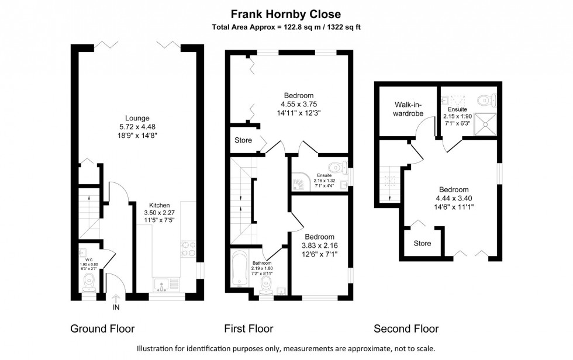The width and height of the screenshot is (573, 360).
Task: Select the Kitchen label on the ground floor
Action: coord(159,205)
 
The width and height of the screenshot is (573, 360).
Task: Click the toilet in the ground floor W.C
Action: coord(89,284)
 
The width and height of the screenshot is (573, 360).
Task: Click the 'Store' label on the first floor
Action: coord(243,140)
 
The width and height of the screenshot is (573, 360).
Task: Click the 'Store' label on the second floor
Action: coord(422,243)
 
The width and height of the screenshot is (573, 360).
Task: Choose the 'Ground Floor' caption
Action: coord(102,328)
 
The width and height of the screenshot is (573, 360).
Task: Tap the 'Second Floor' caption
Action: coord(406,328)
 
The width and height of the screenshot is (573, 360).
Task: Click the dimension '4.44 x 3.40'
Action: coord(454,198)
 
